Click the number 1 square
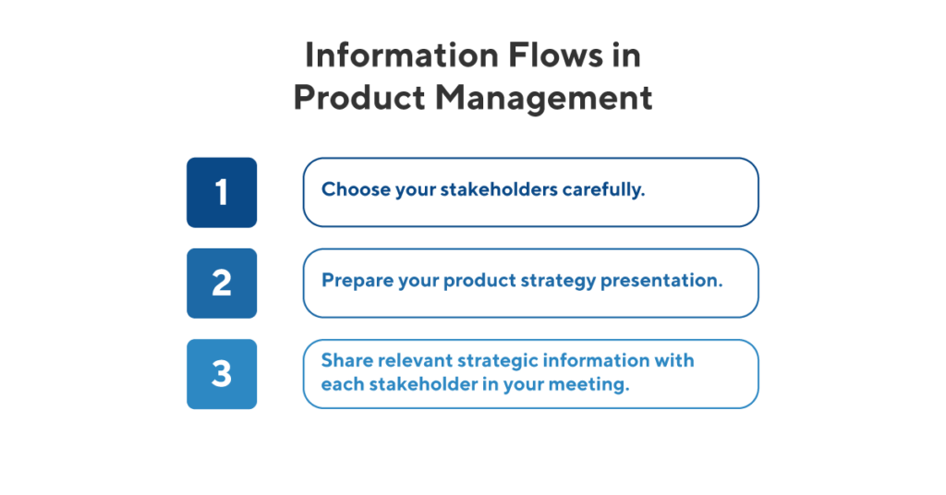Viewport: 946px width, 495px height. [x=222, y=192]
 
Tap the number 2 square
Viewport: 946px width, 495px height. [x=222, y=283]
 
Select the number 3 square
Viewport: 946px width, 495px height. [x=222, y=374]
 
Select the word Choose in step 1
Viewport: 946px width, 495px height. [x=351, y=190]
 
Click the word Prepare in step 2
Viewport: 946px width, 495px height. [x=353, y=281]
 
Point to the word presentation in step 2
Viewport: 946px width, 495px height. [x=661, y=281]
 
